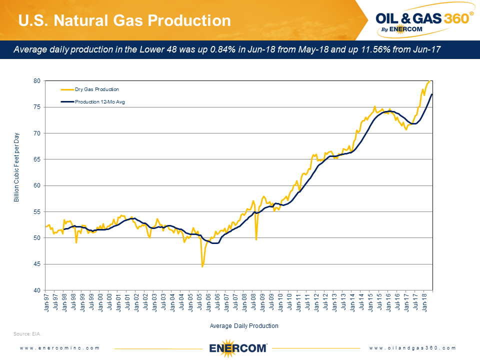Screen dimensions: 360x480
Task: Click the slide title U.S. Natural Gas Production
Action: (x=124, y=20)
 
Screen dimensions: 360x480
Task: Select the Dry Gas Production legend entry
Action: (x=97, y=89)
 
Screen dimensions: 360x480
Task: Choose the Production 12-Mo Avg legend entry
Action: (x=99, y=101)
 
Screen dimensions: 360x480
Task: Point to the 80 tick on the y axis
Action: (x=37, y=80)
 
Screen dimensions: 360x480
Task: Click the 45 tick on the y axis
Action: (x=37, y=264)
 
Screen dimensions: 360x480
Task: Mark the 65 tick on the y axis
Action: (x=37, y=159)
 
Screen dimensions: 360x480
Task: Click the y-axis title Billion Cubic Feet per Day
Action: (x=16, y=167)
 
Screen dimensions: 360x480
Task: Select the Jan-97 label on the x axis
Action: (x=46, y=303)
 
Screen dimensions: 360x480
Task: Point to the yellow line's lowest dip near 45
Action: (x=202, y=266)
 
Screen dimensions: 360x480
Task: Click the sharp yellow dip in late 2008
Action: (x=256, y=239)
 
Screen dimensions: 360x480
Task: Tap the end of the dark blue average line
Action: (x=432, y=94)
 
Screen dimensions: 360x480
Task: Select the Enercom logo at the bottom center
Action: (x=237, y=347)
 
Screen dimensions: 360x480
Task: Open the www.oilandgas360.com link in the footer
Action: (x=413, y=348)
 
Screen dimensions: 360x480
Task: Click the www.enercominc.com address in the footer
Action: (x=60, y=348)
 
